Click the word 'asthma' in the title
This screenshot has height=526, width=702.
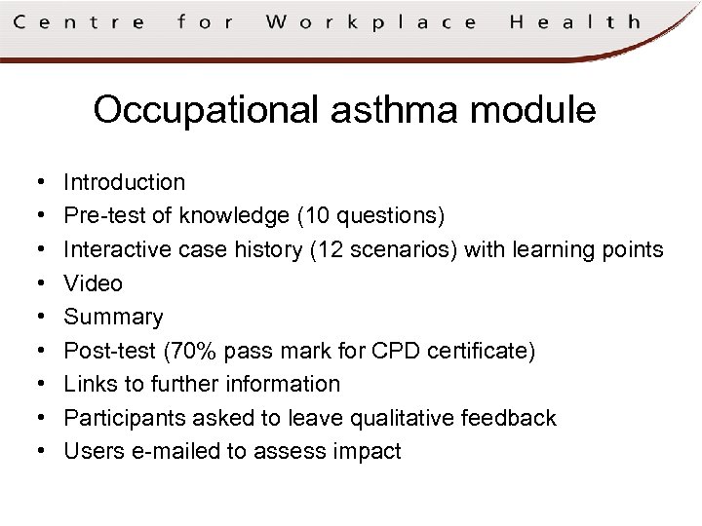[x=395, y=110]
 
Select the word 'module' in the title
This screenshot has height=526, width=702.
[x=533, y=110]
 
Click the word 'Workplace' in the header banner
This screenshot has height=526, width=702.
[x=371, y=21]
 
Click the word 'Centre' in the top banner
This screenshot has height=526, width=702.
[x=79, y=21]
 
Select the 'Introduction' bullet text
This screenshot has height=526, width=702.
[x=124, y=182]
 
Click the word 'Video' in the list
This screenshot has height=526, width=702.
[x=93, y=283]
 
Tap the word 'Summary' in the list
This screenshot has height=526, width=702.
[x=113, y=318]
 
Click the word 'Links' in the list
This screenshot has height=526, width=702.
[x=89, y=384]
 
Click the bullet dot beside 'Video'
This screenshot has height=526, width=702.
[x=34, y=283]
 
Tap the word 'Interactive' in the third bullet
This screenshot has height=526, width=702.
[x=117, y=249]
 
